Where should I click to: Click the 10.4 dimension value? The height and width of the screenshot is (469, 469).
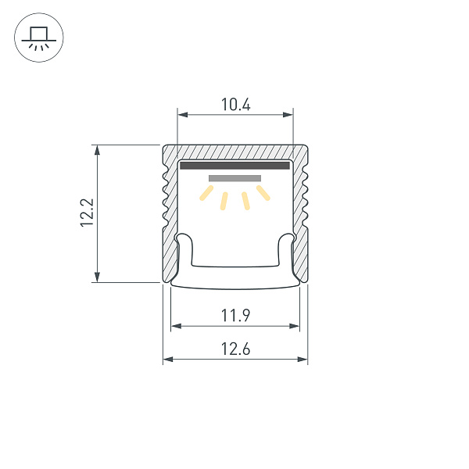[x=234, y=104]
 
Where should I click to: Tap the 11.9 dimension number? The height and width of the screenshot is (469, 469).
[x=234, y=315]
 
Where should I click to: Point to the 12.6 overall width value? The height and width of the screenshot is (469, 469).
[x=234, y=349]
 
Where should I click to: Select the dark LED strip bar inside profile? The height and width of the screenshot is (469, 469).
[x=234, y=165]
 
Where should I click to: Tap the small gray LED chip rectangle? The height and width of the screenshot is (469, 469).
[x=234, y=179]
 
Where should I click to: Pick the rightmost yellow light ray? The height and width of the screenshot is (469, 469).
[x=263, y=192]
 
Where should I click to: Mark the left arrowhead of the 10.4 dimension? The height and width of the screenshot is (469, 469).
[x=182, y=115]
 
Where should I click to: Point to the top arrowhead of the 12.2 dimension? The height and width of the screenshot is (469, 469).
[x=97, y=149]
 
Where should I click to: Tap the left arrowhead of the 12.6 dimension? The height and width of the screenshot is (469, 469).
[x=167, y=360]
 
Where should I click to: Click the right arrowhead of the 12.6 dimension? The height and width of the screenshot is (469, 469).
[x=303, y=360]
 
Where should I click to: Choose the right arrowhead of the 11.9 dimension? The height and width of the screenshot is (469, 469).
[x=295, y=325]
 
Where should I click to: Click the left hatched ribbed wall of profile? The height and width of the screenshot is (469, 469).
[x=170, y=211]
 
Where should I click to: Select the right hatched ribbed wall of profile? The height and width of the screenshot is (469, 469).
[x=300, y=211]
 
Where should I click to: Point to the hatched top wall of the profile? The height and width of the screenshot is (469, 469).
[x=234, y=152]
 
